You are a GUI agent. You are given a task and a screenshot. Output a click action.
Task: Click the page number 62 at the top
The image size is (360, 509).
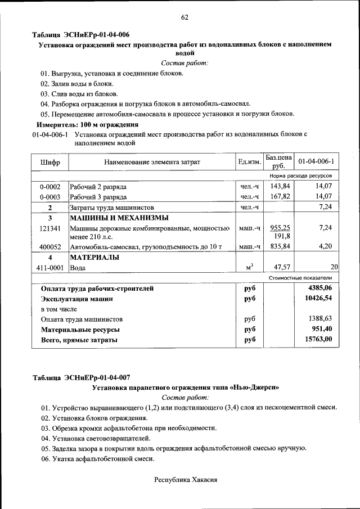click(184, 17)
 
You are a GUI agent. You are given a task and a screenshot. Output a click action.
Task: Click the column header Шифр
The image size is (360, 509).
click(50, 162)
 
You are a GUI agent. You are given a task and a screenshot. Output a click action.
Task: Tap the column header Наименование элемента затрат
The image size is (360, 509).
click(152, 162)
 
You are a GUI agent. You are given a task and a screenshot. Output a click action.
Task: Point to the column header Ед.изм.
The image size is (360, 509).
click(249, 162)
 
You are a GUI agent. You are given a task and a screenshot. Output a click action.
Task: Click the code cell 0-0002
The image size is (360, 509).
click(50, 186)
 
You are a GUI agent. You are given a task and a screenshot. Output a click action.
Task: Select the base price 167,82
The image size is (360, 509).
click(280, 196)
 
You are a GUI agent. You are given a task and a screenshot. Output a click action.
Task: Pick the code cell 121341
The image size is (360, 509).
click(50, 228)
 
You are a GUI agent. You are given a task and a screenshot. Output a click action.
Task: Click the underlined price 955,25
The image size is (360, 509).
click(280, 228)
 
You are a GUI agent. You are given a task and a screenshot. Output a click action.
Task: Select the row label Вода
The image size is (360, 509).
click(78, 268)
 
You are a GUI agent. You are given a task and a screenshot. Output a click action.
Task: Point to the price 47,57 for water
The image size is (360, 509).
click(280, 268)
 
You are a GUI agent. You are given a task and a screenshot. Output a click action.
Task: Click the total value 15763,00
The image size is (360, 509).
click(318, 339)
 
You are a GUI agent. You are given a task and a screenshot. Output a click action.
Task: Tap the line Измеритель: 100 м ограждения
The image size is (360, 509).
click(87, 124)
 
